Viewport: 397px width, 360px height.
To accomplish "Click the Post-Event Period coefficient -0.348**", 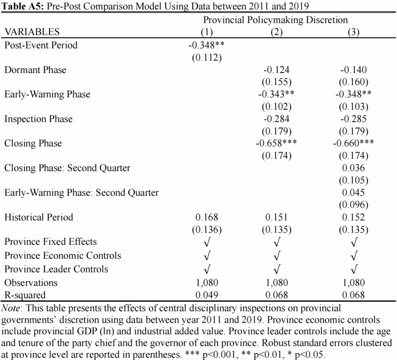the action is pyautogui.click(x=206, y=45).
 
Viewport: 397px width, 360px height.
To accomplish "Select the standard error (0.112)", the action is pyautogui.click(x=207, y=58).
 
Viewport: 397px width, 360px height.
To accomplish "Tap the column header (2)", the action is pyautogui.click(x=276, y=32).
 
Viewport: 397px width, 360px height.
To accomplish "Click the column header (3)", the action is pyautogui.click(x=353, y=32).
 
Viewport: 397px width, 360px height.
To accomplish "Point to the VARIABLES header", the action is pyautogui.click(x=32, y=32).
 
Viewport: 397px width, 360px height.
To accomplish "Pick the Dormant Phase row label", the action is pyautogui.click(x=35, y=70).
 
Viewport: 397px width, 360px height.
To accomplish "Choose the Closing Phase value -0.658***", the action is pyautogui.click(x=276, y=143).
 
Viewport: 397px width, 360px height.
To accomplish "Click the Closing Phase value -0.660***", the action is pyautogui.click(x=353, y=143).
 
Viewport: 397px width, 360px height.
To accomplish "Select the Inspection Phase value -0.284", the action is pyautogui.click(x=276, y=119).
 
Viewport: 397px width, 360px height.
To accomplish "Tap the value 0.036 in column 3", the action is pyautogui.click(x=353, y=168).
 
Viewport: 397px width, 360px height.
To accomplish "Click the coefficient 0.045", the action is pyautogui.click(x=353, y=192).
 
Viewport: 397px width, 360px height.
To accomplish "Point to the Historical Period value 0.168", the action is pyautogui.click(x=207, y=217).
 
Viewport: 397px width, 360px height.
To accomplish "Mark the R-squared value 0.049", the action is pyautogui.click(x=207, y=295).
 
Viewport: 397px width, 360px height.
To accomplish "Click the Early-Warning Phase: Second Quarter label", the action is pyautogui.click(x=82, y=192).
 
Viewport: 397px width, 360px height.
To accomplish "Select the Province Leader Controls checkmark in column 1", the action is pyautogui.click(x=207, y=269).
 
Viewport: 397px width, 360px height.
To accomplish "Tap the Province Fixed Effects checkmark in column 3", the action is pyautogui.click(x=354, y=242).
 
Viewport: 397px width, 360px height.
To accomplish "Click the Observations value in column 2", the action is pyautogui.click(x=276, y=283).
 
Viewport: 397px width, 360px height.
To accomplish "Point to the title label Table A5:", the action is pyautogui.click(x=22, y=6).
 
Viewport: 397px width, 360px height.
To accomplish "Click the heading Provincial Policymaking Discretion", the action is pyautogui.click(x=276, y=20).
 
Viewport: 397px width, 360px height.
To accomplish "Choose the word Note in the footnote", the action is pyautogui.click(x=11, y=308).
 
